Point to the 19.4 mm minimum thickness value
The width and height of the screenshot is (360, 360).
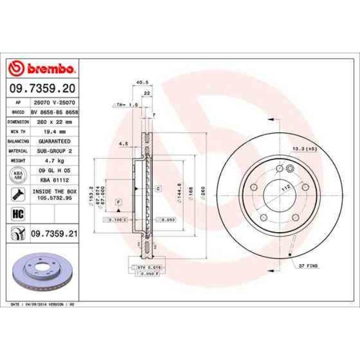click(x=53, y=132)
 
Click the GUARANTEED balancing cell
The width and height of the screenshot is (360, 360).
click(x=53, y=142)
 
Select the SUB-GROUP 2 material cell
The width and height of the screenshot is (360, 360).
click(x=53, y=151)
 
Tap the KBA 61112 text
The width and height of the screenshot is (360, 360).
click(x=53, y=180)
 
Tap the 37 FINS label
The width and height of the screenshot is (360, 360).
click(x=307, y=266)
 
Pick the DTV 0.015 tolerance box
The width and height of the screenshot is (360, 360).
click(x=145, y=268)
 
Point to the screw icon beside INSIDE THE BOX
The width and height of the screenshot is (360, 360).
click(x=17, y=194)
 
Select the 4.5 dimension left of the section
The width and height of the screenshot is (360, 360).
click(x=123, y=143)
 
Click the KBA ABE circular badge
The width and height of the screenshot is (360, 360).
click(x=17, y=175)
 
